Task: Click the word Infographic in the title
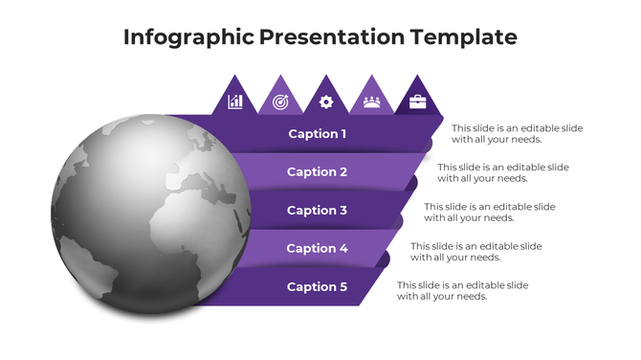pos(188,37)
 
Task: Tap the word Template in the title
pos(463,37)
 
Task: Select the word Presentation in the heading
pos(333,37)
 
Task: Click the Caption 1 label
pos(318,134)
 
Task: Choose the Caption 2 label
pos(318,172)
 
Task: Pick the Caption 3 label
pos(318,211)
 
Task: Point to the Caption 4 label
pos(318,249)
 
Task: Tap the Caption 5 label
pos(318,287)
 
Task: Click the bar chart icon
pos(235,101)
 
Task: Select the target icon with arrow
pos(280,101)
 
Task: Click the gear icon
pos(326,101)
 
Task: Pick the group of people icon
pos(371,101)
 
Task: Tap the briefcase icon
pos(417,101)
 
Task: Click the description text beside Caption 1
pos(517,134)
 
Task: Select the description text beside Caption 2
pos(503,172)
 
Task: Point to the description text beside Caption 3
pos(490,212)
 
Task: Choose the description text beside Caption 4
pos(476,251)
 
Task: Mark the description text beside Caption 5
pos(463,290)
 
